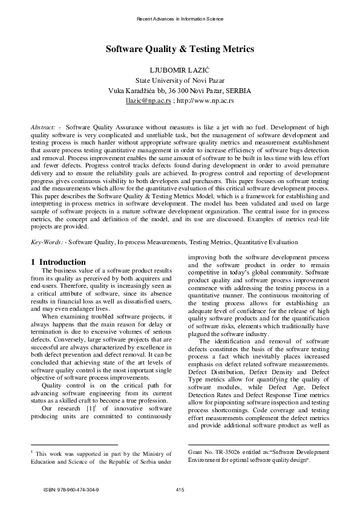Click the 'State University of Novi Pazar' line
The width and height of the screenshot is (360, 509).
tap(180, 80)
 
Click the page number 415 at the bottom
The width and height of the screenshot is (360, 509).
tap(180, 488)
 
